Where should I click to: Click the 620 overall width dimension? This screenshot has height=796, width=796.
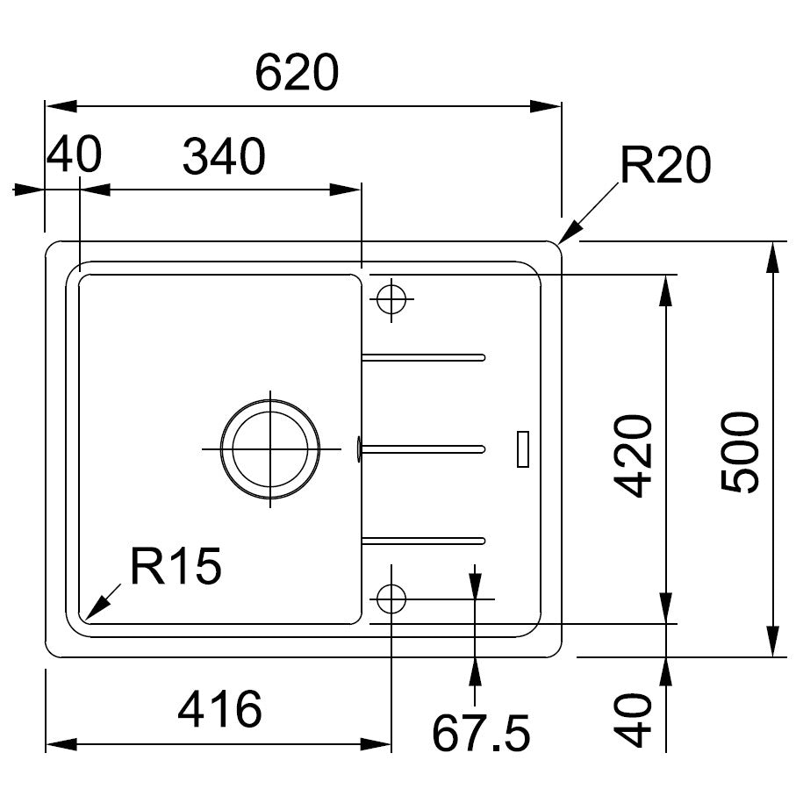pos(297,73)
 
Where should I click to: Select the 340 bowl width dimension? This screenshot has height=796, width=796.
pos(224,156)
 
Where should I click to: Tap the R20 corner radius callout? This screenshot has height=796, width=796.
pos(665,164)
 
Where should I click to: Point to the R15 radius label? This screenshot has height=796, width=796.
pos(176,566)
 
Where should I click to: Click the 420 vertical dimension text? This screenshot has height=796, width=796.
pos(633,455)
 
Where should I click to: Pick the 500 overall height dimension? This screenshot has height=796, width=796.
pos(740,452)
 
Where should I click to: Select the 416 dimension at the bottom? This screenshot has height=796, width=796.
pos(219,709)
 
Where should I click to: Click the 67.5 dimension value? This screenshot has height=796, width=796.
pos(481,733)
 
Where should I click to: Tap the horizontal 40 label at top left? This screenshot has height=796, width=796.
pos(74,154)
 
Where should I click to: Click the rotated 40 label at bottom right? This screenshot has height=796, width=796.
pos(633,721)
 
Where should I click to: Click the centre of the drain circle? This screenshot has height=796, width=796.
pos(270,448)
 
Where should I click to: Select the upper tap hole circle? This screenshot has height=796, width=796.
pos(391,299)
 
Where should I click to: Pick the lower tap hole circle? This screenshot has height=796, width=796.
pos(391,599)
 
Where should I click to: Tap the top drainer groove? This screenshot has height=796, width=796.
pos(424,357)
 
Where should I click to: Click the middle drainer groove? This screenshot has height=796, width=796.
pos(424,448)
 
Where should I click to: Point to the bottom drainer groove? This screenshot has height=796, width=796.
pos(424,540)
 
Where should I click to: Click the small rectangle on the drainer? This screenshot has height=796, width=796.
pos(523,448)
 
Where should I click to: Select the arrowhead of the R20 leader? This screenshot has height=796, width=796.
pos(569,233)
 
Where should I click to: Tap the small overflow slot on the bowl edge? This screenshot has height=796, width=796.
pos(359,449)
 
